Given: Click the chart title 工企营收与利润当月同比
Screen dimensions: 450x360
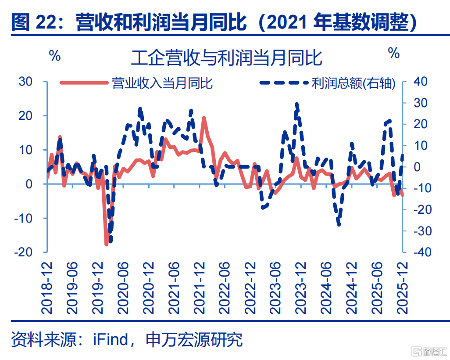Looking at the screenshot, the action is click(226, 58).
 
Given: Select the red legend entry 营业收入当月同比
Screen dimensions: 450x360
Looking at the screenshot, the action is click(136, 83).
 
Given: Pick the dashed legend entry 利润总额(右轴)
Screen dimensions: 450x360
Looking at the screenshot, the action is click(328, 83).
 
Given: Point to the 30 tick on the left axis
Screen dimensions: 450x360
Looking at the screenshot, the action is click(25, 82).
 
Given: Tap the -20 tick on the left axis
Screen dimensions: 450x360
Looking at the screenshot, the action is click(24, 252).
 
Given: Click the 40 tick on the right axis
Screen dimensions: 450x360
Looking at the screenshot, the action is click(421, 82).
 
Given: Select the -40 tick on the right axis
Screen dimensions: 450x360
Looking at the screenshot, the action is click(423, 252).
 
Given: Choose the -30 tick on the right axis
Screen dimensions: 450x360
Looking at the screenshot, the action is click(423, 231).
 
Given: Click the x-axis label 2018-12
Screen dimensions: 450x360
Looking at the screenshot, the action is click(47, 288).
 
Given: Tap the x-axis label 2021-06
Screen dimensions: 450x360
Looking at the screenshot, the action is click(174, 288).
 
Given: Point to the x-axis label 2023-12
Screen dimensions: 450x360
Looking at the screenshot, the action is click(301, 288).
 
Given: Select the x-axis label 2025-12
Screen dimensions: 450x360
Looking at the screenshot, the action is click(402, 288).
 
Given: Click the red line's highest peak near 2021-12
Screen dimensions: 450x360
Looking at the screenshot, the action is click(204, 117).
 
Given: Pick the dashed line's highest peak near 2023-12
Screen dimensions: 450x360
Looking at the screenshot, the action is click(297, 104).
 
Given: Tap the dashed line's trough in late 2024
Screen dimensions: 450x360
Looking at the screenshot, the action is click(339, 225).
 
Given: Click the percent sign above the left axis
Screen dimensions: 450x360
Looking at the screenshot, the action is click(55, 55).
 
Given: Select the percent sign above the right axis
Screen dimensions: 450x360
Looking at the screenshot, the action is click(394, 53).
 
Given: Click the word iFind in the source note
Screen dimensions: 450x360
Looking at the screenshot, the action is click(111, 340).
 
